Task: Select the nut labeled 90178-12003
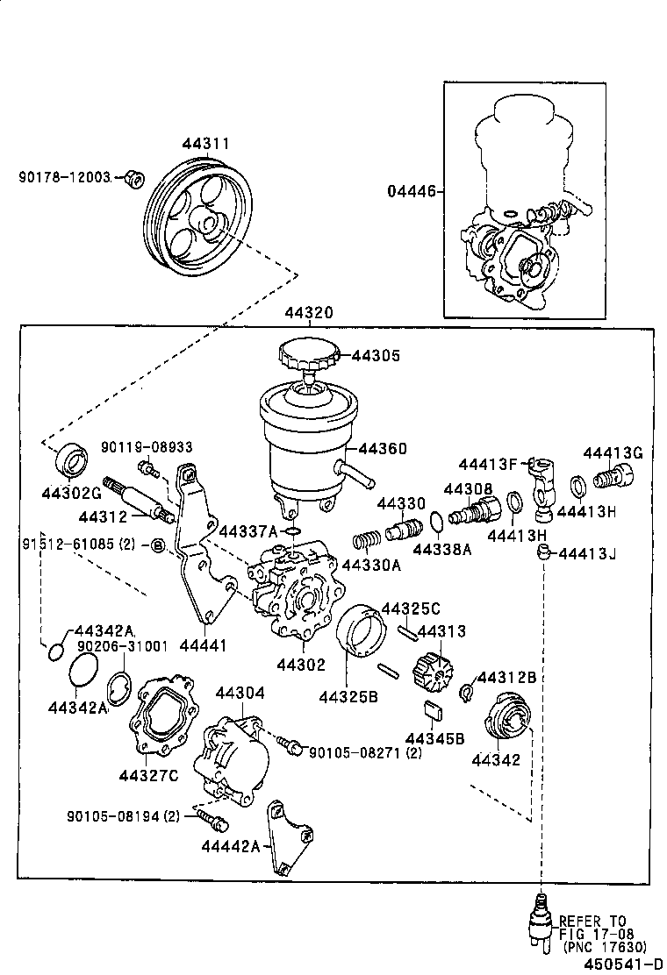[x=134, y=179]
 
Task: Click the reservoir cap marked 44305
[x=308, y=355]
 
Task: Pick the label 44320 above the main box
[x=307, y=313]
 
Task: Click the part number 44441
[x=203, y=645]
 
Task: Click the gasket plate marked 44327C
[x=161, y=715]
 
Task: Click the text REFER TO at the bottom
[x=592, y=921]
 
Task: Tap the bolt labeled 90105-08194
[x=214, y=821]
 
